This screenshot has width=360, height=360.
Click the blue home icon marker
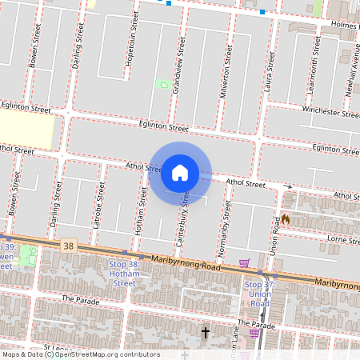point(180,173)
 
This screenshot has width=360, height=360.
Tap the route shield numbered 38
point(69,246)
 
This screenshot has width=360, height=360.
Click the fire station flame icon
point(285,218)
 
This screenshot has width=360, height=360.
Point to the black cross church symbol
point(206,331)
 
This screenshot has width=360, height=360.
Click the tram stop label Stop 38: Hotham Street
point(123,274)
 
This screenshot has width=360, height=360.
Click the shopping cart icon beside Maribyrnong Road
point(244,262)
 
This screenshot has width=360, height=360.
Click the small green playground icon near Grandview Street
point(165,85)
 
